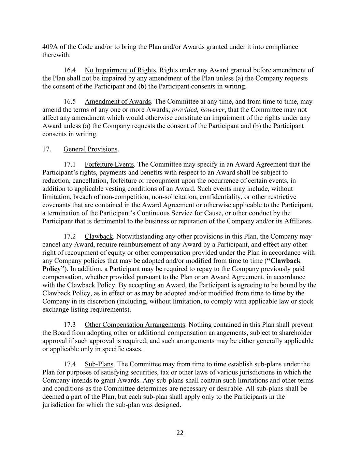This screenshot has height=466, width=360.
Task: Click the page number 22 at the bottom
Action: coord(180,433)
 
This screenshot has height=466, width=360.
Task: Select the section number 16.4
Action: coord(70,70)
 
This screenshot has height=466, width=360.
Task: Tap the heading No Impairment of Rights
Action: coord(120,70)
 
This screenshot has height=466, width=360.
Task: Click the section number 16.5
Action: coord(70,101)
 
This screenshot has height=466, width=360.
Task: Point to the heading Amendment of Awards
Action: coord(117,101)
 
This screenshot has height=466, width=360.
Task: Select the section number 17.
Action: coord(47,149)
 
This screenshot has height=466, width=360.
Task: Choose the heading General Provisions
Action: coord(90,149)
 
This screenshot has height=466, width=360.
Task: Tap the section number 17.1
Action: coord(70,164)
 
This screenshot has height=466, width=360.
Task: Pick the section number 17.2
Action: coord(70,236)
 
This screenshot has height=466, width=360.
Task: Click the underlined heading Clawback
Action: coord(98,236)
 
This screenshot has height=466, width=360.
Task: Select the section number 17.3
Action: coord(70,325)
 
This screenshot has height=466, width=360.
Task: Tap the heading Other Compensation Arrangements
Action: coord(134,325)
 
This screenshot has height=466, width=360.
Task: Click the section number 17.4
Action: coord(70,364)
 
